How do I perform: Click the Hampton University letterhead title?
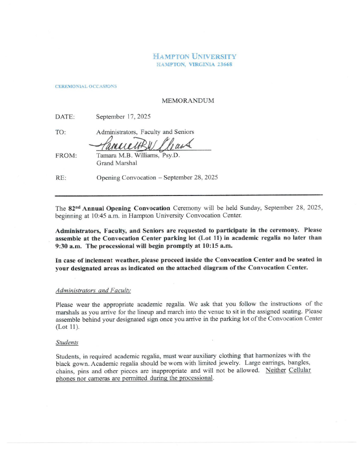tap(195, 57)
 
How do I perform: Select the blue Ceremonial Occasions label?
tap(86, 86)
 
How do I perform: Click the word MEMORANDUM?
tap(188, 101)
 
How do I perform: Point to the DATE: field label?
tap(65, 117)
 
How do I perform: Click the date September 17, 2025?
tap(123, 117)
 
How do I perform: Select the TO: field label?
tap(61, 132)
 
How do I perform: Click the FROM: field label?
tap(66, 156)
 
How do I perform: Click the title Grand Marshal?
tap(113, 163)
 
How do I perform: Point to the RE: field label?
tap(61, 177)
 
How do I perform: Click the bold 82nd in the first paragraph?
tap(75, 207)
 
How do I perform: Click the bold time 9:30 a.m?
tap(69, 246)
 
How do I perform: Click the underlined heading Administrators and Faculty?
tap(93, 290)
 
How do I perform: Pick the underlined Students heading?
tap(67, 342)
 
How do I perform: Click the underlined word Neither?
tap(276, 370)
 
